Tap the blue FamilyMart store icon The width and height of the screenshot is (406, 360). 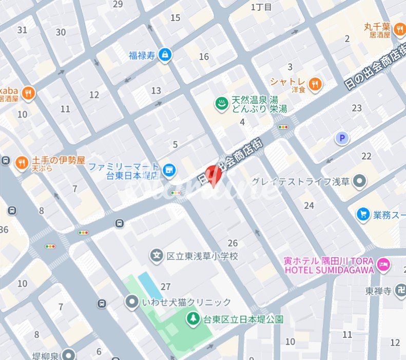tap(167, 168)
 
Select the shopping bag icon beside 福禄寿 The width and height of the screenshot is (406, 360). tap(164, 54)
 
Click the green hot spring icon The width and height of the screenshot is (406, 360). tap(222, 103)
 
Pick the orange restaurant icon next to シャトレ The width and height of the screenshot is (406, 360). tap(315, 83)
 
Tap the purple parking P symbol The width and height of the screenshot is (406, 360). tap(341, 138)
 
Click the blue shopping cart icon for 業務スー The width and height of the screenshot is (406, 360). tap(363, 213)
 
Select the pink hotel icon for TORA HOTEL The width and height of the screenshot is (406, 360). tap(383, 265)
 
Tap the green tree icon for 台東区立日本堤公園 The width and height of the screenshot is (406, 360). tap(193, 319)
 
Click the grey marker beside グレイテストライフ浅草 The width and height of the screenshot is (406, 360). tap(361, 181)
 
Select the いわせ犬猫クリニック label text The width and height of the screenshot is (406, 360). tap(186, 302)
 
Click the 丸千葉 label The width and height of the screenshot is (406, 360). tap(377, 26)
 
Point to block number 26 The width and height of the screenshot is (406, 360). tap(233, 243)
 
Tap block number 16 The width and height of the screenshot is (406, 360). tap(204, 56)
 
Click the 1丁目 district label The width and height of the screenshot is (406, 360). tap(261, 7)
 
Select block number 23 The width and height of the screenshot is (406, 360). tap(357, 108)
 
